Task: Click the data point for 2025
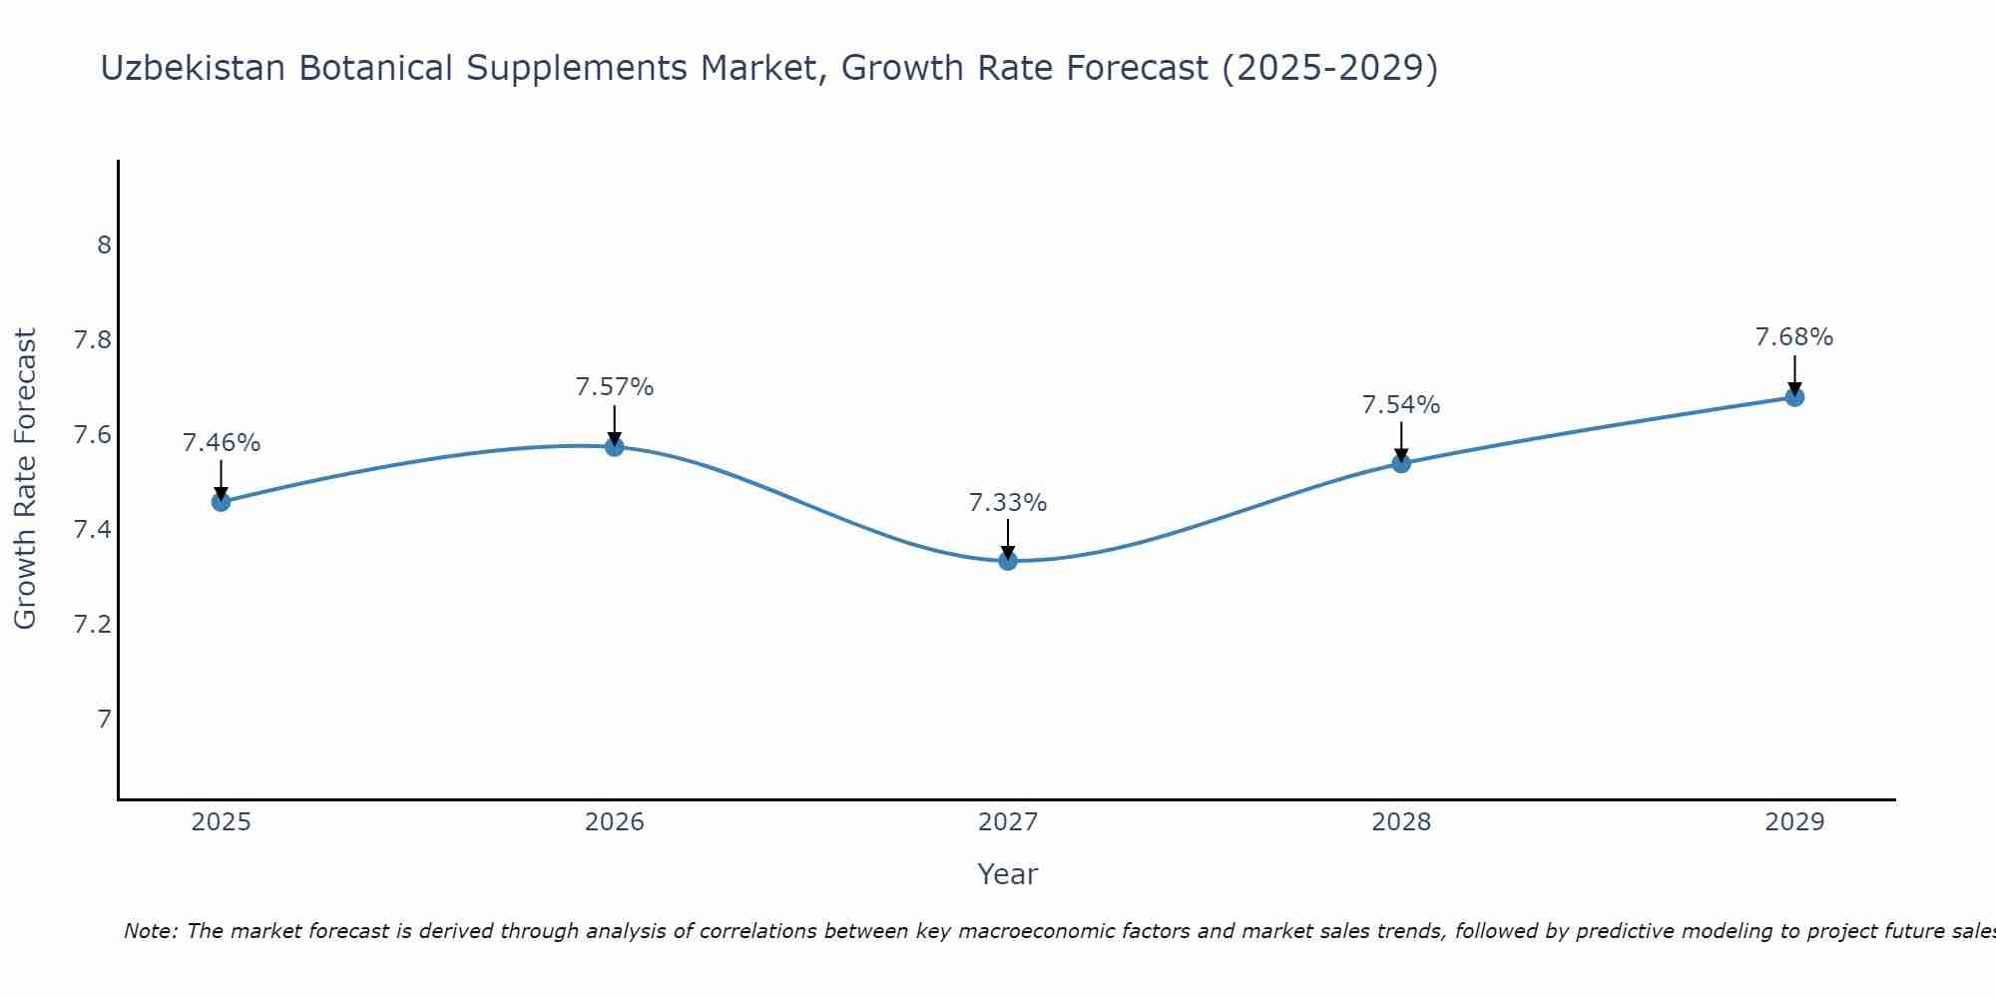pyautogui.click(x=222, y=501)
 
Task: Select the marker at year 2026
pyautogui.click(x=615, y=446)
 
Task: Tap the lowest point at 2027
pyautogui.click(x=1008, y=561)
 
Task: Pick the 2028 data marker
pyautogui.click(x=1401, y=463)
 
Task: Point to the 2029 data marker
pyautogui.click(x=1794, y=397)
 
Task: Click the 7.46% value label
pyautogui.click(x=222, y=443)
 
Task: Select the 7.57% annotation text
pyautogui.click(x=615, y=387)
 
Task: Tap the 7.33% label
pyautogui.click(x=1008, y=503)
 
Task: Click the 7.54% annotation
pyautogui.click(x=1401, y=405)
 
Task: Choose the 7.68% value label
pyautogui.click(x=1794, y=337)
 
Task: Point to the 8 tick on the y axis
pyautogui.click(x=104, y=246)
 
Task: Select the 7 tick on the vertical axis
pyautogui.click(x=104, y=720)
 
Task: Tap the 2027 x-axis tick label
pyautogui.click(x=1008, y=822)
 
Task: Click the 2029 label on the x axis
pyautogui.click(x=1794, y=822)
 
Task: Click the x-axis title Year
pyautogui.click(x=1008, y=874)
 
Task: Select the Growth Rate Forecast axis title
pyautogui.click(x=26, y=479)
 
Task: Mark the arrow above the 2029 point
pyautogui.click(x=1794, y=375)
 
